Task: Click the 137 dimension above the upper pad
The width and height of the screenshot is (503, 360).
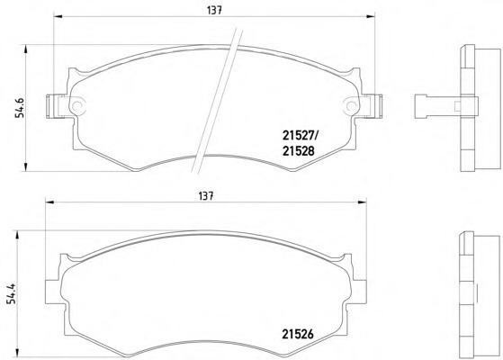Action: point(215,10)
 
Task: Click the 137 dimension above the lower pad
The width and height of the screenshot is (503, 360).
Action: point(206,195)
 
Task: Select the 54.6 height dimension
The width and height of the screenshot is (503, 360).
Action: point(20,107)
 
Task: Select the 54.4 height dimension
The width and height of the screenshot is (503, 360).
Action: point(12,292)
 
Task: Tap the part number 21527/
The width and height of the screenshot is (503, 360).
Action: point(300,136)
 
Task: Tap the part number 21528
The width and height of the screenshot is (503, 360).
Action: point(299,151)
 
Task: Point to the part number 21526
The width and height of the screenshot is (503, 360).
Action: point(298,334)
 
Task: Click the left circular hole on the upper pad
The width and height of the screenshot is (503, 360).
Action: point(77,105)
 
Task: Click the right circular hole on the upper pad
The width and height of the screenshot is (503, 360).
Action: point(351,105)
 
